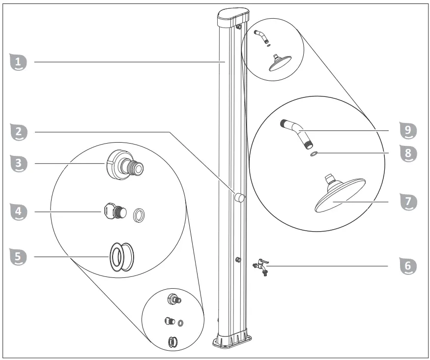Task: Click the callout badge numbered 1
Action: click(x=18, y=62)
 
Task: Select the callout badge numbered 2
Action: click(x=18, y=132)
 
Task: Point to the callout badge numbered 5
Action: click(x=18, y=256)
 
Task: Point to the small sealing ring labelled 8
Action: click(x=314, y=154)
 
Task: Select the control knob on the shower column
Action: click(x=239, y=198)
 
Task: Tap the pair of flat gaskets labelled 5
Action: click(x=121, y=256)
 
